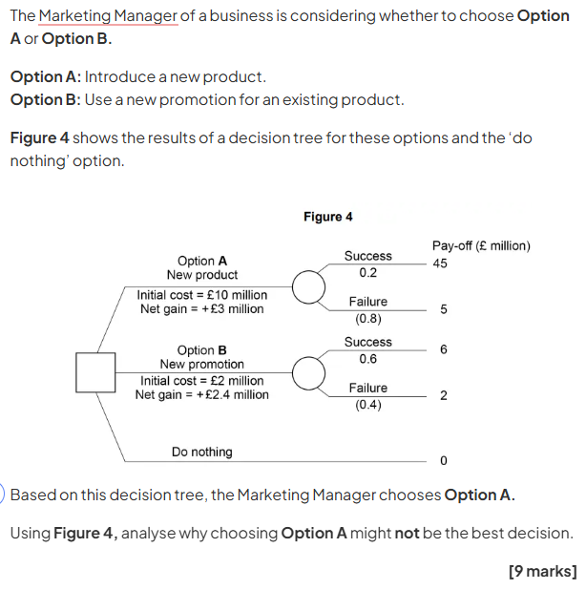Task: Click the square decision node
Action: click(96, 372)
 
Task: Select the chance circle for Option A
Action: click(307, 286)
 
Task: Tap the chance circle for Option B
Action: click(307, 373)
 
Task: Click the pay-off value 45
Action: click(439, 263)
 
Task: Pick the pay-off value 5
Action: click(443, 310)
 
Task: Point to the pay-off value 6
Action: click(443, 349)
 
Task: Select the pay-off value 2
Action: click(443, 396)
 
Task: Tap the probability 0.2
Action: click(367, 273)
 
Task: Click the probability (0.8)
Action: click(367, 319)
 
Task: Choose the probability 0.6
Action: click(367, 359)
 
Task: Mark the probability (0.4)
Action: click(367, 405)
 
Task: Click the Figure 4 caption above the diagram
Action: click(327, 217)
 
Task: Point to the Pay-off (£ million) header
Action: click(481, 245)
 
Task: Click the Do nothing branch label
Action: click(201, 452)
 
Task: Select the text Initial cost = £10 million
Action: click(202, 295)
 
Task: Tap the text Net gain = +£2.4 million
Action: click(202, 394)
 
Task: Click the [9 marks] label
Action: click(543, 571)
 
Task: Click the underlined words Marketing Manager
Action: click(108, 16)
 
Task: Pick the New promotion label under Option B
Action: click(202, 365)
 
